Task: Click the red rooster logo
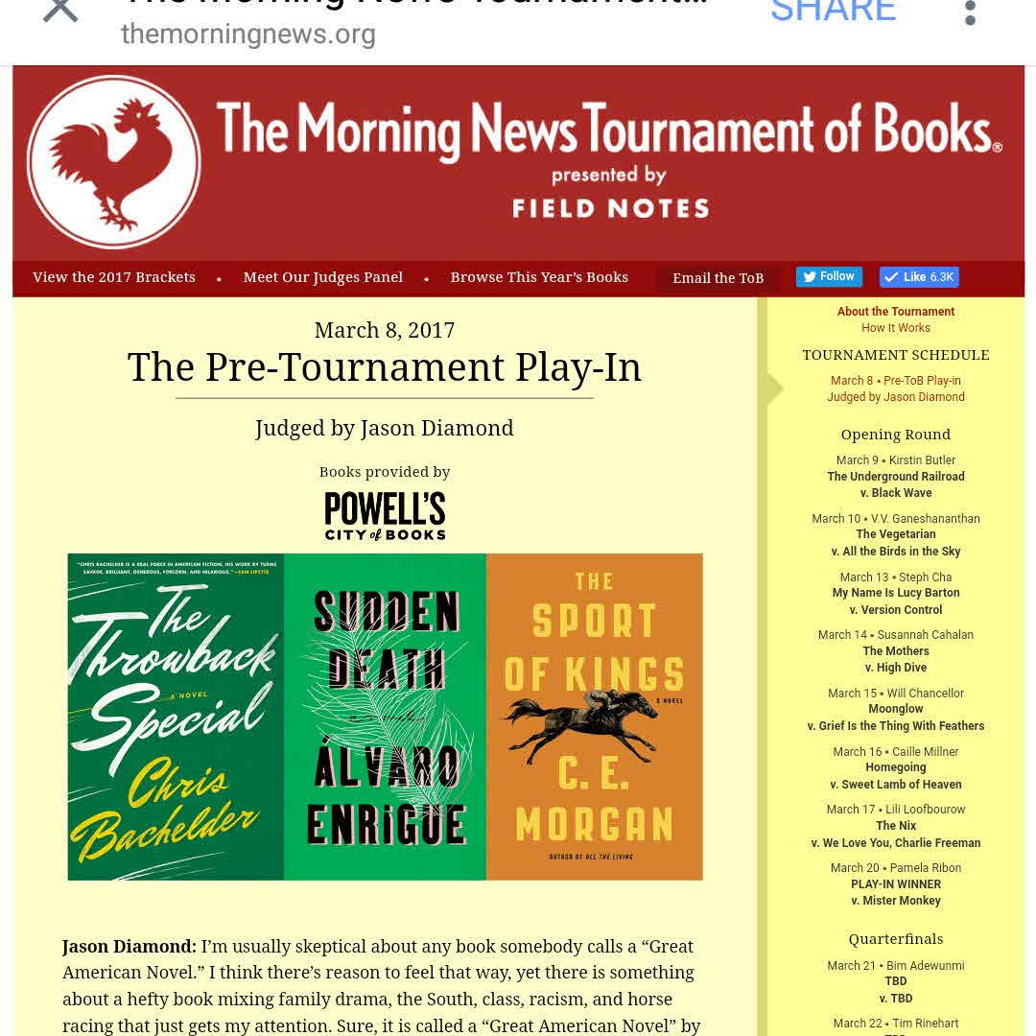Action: click(x=113, y=162)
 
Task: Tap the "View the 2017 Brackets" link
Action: click(x=114, y=277)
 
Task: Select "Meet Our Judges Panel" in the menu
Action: click(x=323, y=277)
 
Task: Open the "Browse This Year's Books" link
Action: click(x=539, y=277)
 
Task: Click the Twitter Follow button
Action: click(x=829, y=276)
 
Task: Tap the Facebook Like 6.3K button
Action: click(x=919, y=277)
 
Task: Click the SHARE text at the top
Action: click(x=833, y=12)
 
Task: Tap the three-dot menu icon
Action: click(x=970, y=12)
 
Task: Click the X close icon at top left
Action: click(x=60, y=10)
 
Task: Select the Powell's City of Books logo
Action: click(x=385, y=516)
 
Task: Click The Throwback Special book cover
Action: click(x=176, y=717)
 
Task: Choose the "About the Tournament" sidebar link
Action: click(x=896, y=312)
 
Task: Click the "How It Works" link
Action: click(x=896, y=328)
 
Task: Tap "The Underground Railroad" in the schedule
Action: click(x=896, y=477)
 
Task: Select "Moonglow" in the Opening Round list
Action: click(x=896, y=710)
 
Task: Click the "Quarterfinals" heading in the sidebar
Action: click(x=896, y=939)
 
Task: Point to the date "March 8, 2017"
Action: click(x=385, y=330)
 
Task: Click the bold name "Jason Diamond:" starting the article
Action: click(x=129, y=946)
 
